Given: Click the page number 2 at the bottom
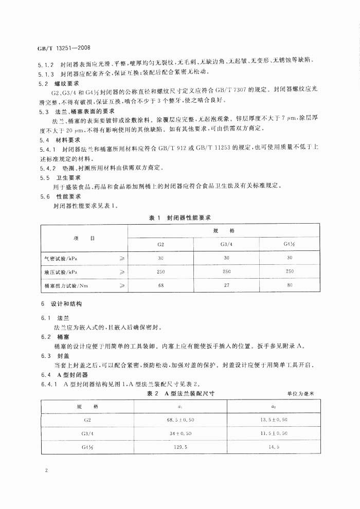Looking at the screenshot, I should click(46, 470).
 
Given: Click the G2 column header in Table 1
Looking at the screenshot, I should click(160, 244).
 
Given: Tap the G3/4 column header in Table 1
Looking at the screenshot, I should click(226, 244).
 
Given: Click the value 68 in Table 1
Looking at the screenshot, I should click(160, 285).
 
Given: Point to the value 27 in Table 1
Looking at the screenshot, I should click(226, 285).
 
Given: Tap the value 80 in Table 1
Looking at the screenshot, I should click(290, 285).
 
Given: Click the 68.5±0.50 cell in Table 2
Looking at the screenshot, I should click(181, 420).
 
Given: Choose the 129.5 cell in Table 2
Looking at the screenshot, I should click(181, 447).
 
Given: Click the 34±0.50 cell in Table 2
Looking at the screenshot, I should click(181, 433).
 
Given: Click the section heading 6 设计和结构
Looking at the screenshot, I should click(61, 304).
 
